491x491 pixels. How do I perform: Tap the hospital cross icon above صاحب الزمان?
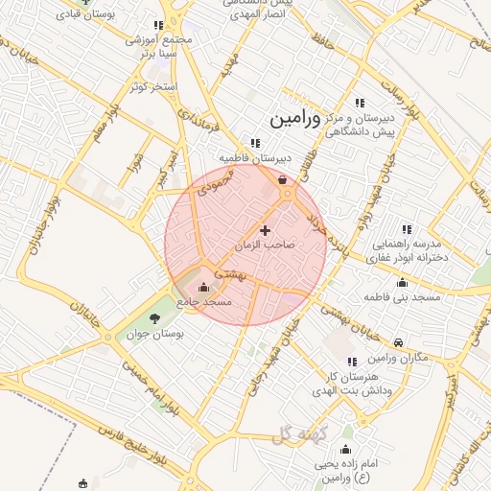(265, 230)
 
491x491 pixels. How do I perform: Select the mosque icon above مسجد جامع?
(202, 286)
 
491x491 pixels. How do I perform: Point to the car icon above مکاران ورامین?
(398, 342)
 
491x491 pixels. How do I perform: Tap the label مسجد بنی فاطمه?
(402, 297)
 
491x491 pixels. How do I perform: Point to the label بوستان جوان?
(154, 335)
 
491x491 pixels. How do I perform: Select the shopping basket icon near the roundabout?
(281, 179)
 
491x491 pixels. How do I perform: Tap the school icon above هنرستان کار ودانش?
(351, 362)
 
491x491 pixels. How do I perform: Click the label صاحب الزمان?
(265, 245)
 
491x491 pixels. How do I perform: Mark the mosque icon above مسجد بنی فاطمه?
(402, 283)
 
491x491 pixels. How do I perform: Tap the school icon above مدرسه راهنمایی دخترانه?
(407, 229)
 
